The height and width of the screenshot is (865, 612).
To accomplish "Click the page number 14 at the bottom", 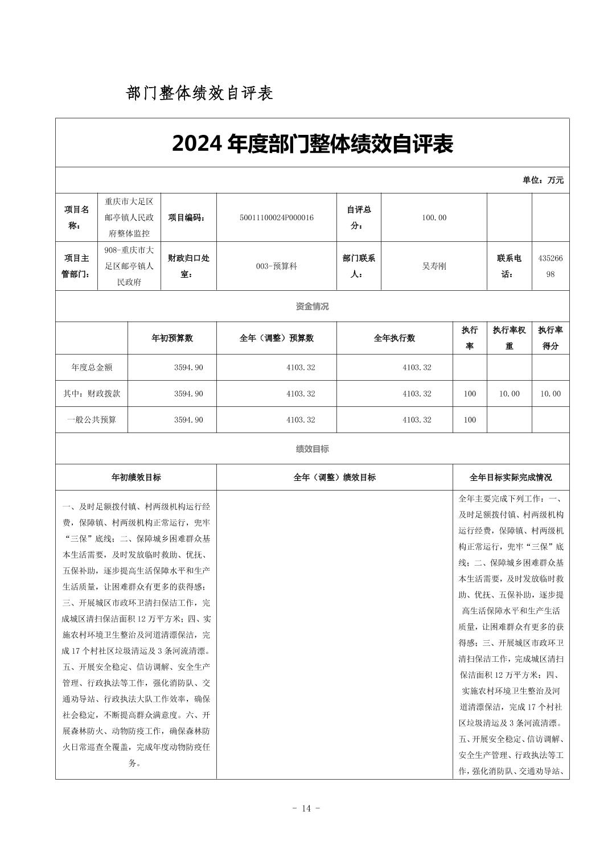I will point(306,808).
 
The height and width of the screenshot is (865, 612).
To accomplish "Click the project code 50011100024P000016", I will point(277,217).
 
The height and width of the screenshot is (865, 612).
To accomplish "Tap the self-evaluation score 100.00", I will point(434,217).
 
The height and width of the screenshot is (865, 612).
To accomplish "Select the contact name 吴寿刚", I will point(434,266).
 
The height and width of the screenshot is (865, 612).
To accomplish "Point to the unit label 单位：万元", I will point(543,180).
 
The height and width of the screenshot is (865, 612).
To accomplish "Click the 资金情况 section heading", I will point(312,306).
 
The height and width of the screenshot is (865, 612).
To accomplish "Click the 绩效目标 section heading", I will point(312,448).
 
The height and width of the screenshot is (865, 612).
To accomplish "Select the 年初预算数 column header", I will point(172,338).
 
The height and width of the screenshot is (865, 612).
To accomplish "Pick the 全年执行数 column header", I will point(394,338).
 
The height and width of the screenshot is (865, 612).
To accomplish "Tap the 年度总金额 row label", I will point(92,368).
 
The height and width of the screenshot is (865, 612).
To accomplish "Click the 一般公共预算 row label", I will point(92,420).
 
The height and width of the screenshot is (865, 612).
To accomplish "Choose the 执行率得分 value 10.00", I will point(550,394).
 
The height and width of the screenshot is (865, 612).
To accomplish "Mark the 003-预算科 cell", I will point(277,266).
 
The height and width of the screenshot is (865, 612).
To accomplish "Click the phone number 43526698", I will point(550,266).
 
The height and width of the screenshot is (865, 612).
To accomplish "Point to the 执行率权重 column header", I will point(509,338).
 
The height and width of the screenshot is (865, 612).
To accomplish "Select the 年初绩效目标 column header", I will point(136,477).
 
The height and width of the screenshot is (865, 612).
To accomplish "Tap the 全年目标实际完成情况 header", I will point(511,477).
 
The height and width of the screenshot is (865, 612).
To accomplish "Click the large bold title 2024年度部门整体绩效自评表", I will point(312,144).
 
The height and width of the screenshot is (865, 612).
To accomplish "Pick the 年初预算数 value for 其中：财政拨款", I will point(188,394).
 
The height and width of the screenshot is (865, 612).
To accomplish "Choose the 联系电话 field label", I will point(509,266).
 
